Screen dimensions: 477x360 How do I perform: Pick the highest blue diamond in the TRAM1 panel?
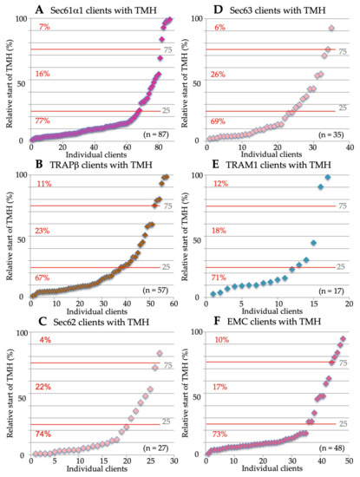pos(328,178)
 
